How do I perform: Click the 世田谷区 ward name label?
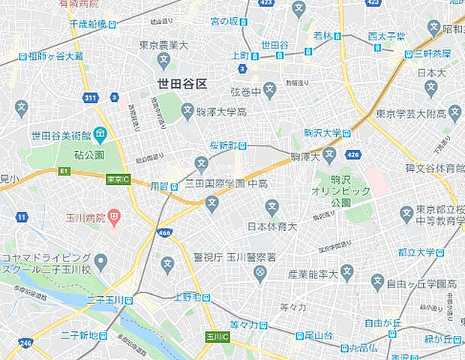tap(182, 84)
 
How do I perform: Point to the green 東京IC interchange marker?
tap(117, 179)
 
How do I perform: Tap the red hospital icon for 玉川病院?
tap(113, 219)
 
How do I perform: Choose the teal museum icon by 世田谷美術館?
tap(100, 134)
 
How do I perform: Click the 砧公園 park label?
tap(89, 154)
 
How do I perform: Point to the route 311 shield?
tap(90, 97)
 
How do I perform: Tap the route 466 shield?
tap(165, 233)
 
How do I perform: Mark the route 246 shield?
tap(25, 343)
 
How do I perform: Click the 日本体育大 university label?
tap(272, 226)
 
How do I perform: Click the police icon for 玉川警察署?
tap(260, 274)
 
